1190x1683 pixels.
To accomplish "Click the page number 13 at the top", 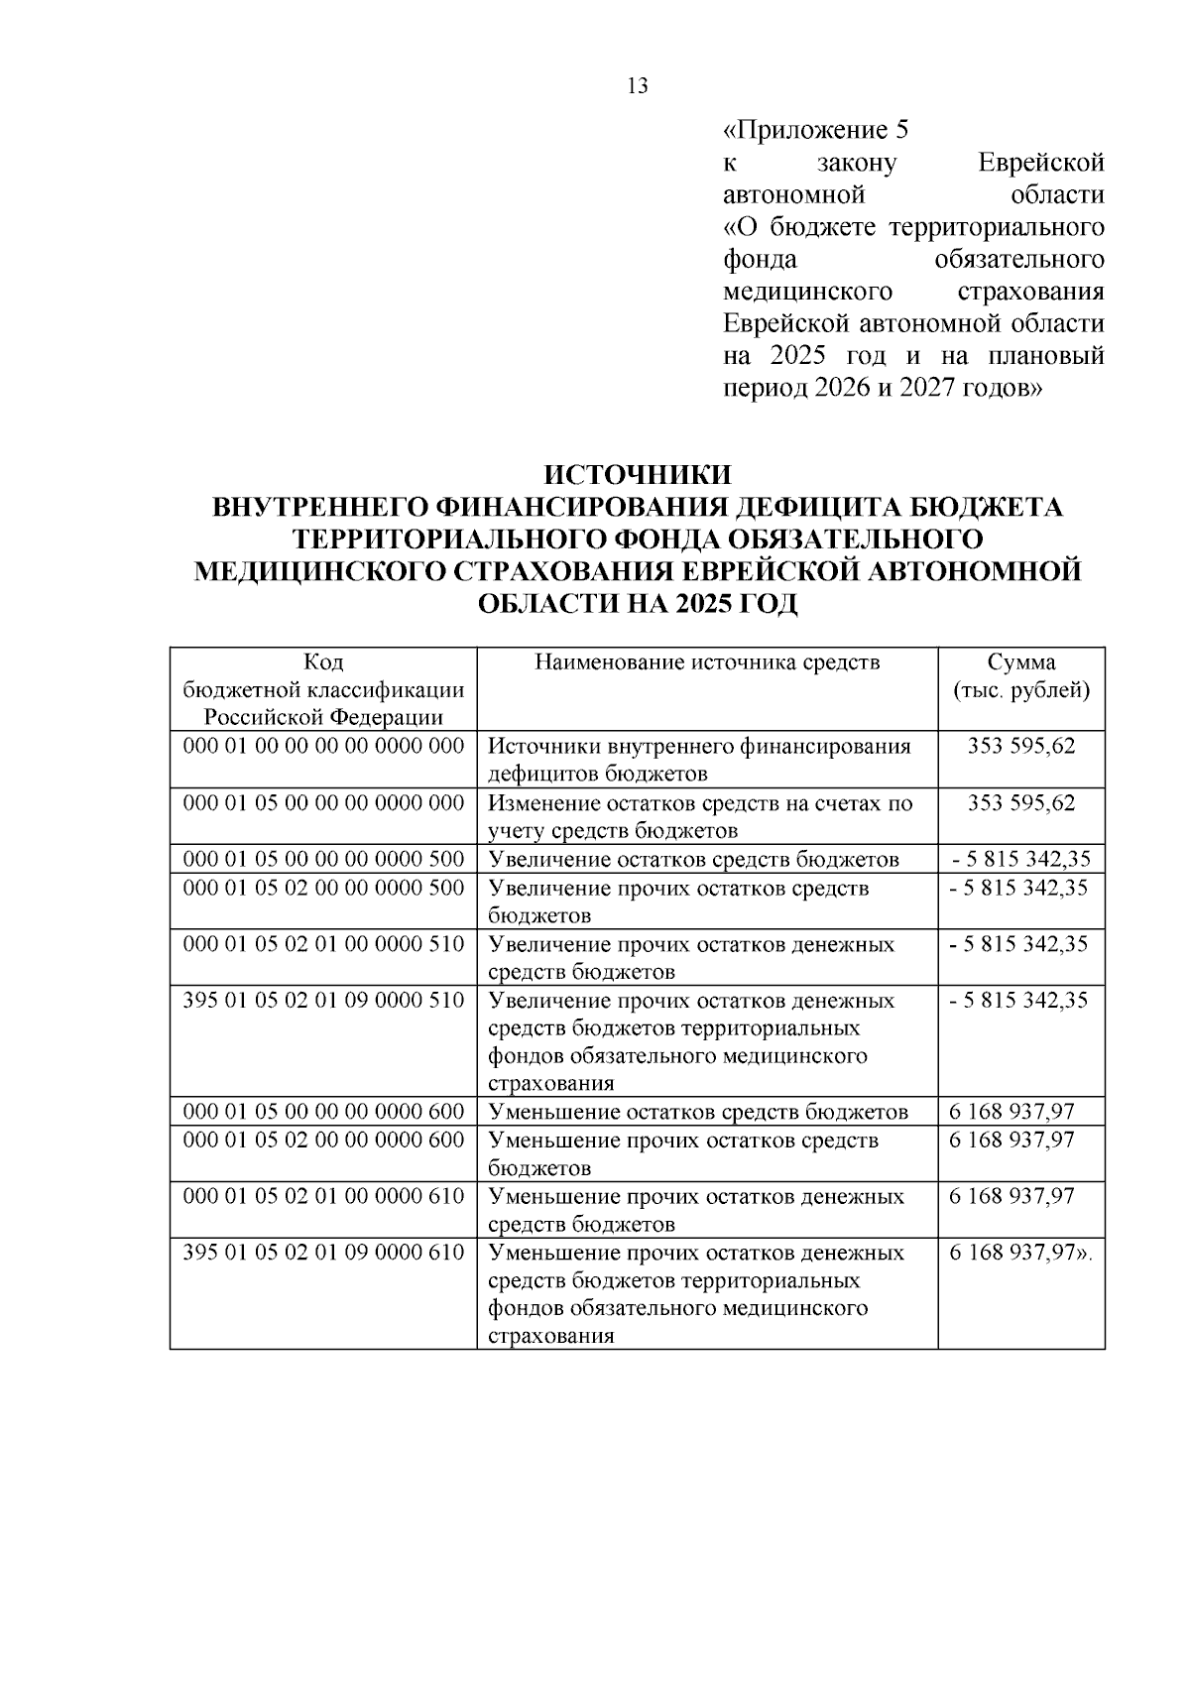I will coord(638,86).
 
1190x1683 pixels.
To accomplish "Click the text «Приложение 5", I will coord(816,131).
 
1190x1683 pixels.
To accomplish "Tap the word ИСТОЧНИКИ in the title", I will coord(638,475).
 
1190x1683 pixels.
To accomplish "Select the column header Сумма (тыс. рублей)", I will coord(1021,676).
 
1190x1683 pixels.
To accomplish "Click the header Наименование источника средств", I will coord(707,662).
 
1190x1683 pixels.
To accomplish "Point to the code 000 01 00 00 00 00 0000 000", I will coord(323,746).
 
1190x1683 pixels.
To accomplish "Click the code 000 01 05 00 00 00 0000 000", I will coord(323,802).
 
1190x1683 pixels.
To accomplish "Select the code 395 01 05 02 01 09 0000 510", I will coord(323,1000).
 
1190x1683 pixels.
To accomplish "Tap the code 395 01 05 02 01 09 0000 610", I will coord(323,1253).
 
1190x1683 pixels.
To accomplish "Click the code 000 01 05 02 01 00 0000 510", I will coord(323,943).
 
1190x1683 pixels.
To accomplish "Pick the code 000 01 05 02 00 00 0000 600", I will coord(323,1141).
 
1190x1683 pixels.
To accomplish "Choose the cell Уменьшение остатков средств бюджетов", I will coord(699,1112).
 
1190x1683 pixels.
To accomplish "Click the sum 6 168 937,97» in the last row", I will coord(1019,1253).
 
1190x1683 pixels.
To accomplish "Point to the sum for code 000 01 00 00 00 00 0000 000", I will coord(1021,746).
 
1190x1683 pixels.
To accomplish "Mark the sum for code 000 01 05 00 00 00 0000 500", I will coord(1019,859).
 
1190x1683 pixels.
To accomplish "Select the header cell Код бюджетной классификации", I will coord(323,689).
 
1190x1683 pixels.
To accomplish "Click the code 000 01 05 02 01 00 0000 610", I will coord(323,1196).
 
